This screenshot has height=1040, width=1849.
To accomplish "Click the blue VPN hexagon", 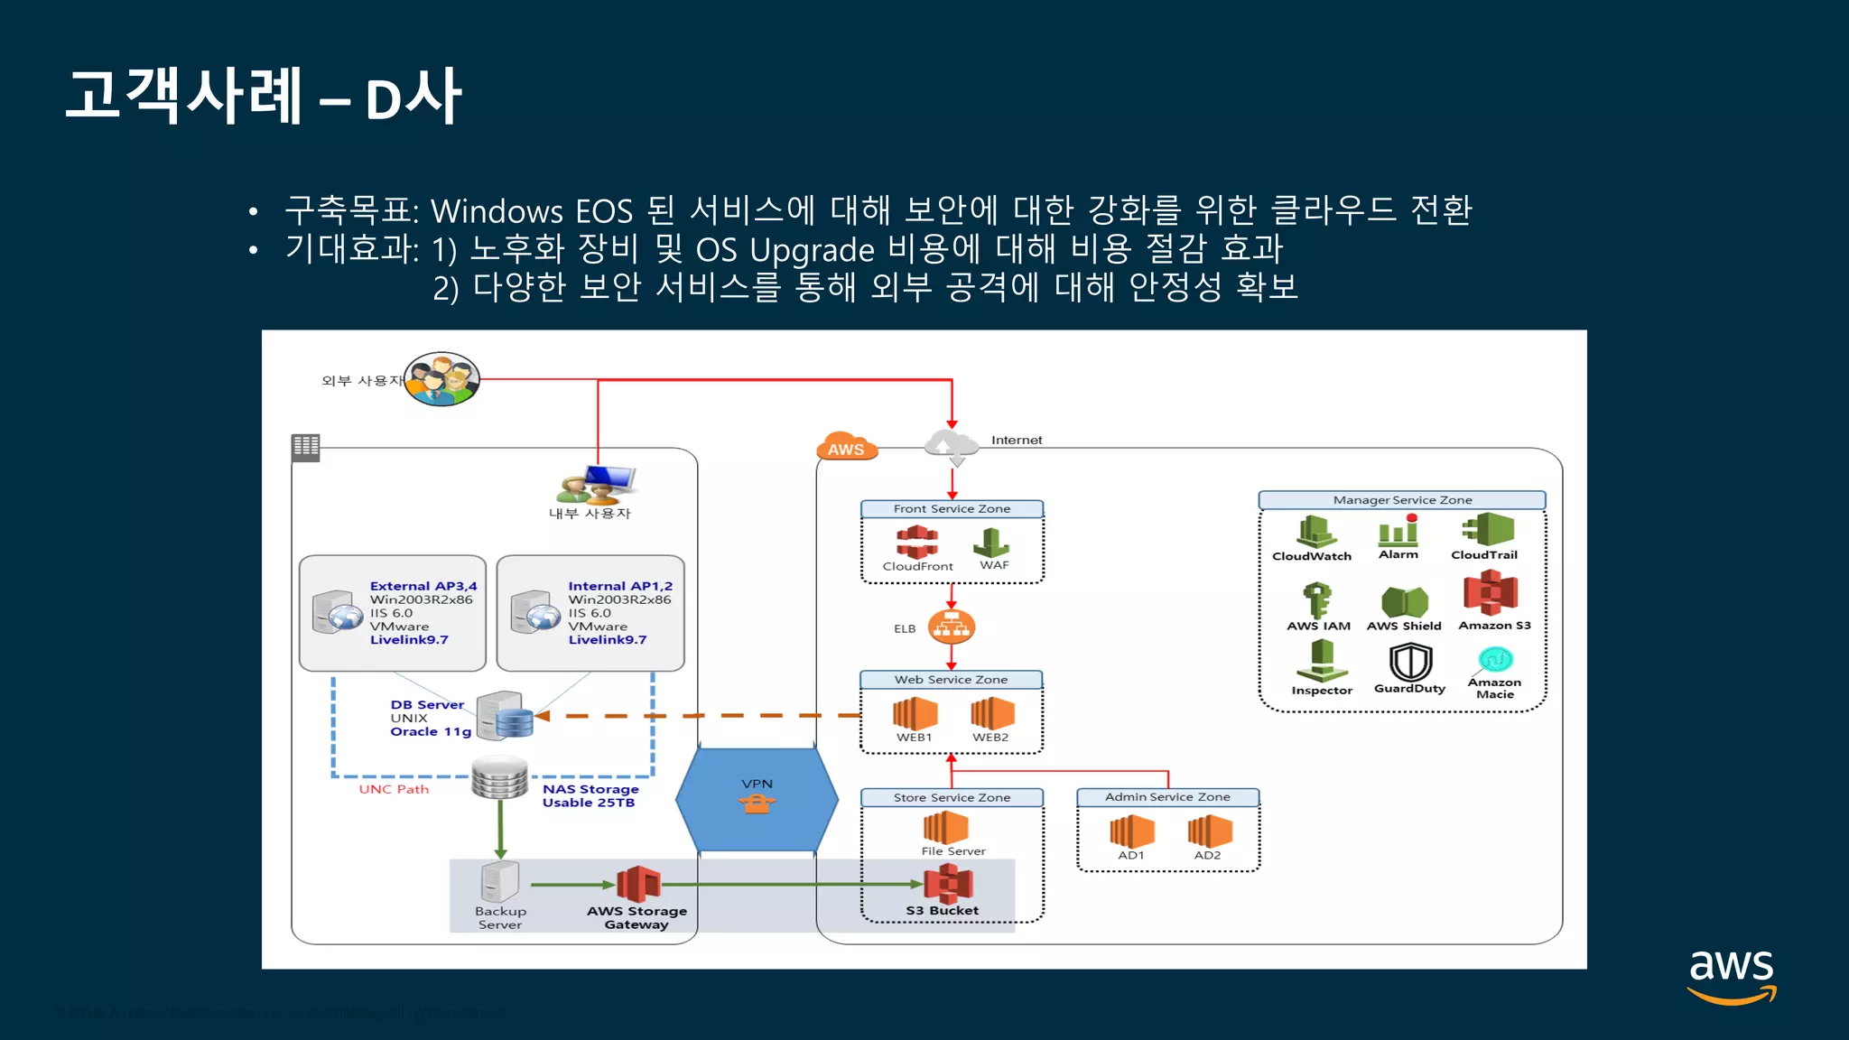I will (757, 799).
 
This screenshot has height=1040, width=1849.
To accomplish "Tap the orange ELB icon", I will (951, 627).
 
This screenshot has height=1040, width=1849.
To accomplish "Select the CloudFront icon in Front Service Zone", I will (916, 543).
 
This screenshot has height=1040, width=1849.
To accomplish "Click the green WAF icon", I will (991, 543).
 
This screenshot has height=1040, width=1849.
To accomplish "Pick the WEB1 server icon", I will (915, 713).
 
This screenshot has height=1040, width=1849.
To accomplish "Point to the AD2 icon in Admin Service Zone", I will (1210, 831).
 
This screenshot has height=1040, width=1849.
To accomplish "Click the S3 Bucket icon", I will (948, 883).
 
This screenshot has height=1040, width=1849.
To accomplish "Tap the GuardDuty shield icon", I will (1409, 662).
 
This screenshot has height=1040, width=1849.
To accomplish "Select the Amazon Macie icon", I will (1495, 659).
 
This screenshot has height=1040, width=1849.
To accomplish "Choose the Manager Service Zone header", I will (1401, 500).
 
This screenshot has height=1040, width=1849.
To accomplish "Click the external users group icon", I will (441, 379).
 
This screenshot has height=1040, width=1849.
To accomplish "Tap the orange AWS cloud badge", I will (846, 446).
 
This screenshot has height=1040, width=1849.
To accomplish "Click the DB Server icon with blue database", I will (506, 715).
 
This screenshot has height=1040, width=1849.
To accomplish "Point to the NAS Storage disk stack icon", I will (499, 777).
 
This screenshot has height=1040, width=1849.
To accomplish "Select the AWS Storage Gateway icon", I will (638, 884).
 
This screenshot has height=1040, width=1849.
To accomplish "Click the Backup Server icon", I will (499, 882).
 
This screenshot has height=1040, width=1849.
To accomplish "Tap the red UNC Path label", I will (394, 789).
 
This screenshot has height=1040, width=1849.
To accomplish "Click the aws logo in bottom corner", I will (1731, 975).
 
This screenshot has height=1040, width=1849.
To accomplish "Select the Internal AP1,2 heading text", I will (620, 586).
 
